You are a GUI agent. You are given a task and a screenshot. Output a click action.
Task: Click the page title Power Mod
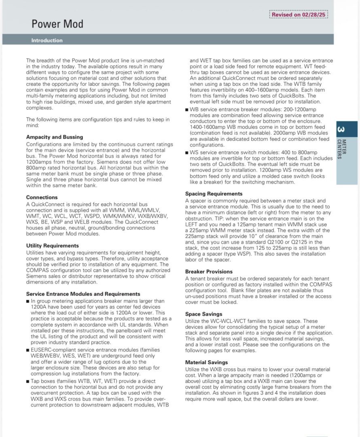point(57,24)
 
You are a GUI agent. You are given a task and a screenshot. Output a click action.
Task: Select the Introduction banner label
point(47,40)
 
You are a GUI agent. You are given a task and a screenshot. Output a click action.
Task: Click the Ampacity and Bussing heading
point(55,137)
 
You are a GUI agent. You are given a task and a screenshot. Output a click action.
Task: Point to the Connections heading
point(42,197)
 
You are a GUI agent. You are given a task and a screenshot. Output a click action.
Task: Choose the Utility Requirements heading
point(53,246)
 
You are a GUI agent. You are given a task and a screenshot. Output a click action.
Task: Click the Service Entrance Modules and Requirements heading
point(83,294)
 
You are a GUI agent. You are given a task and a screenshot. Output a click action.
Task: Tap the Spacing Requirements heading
point(214,194)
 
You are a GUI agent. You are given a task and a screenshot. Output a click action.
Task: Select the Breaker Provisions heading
point(209,272)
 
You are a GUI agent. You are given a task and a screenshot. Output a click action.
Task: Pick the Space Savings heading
point(204,314)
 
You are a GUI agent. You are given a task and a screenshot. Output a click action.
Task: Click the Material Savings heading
point(207,362)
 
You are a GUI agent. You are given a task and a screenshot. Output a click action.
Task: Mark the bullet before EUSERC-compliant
point(28,349)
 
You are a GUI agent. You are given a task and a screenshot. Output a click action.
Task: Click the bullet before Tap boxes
point(28,381)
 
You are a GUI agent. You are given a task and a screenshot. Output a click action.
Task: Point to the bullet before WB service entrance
point(187,110)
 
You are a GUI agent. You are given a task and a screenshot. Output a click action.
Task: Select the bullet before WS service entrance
point(187,153)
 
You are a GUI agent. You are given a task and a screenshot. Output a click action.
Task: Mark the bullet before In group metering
point(28,301)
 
